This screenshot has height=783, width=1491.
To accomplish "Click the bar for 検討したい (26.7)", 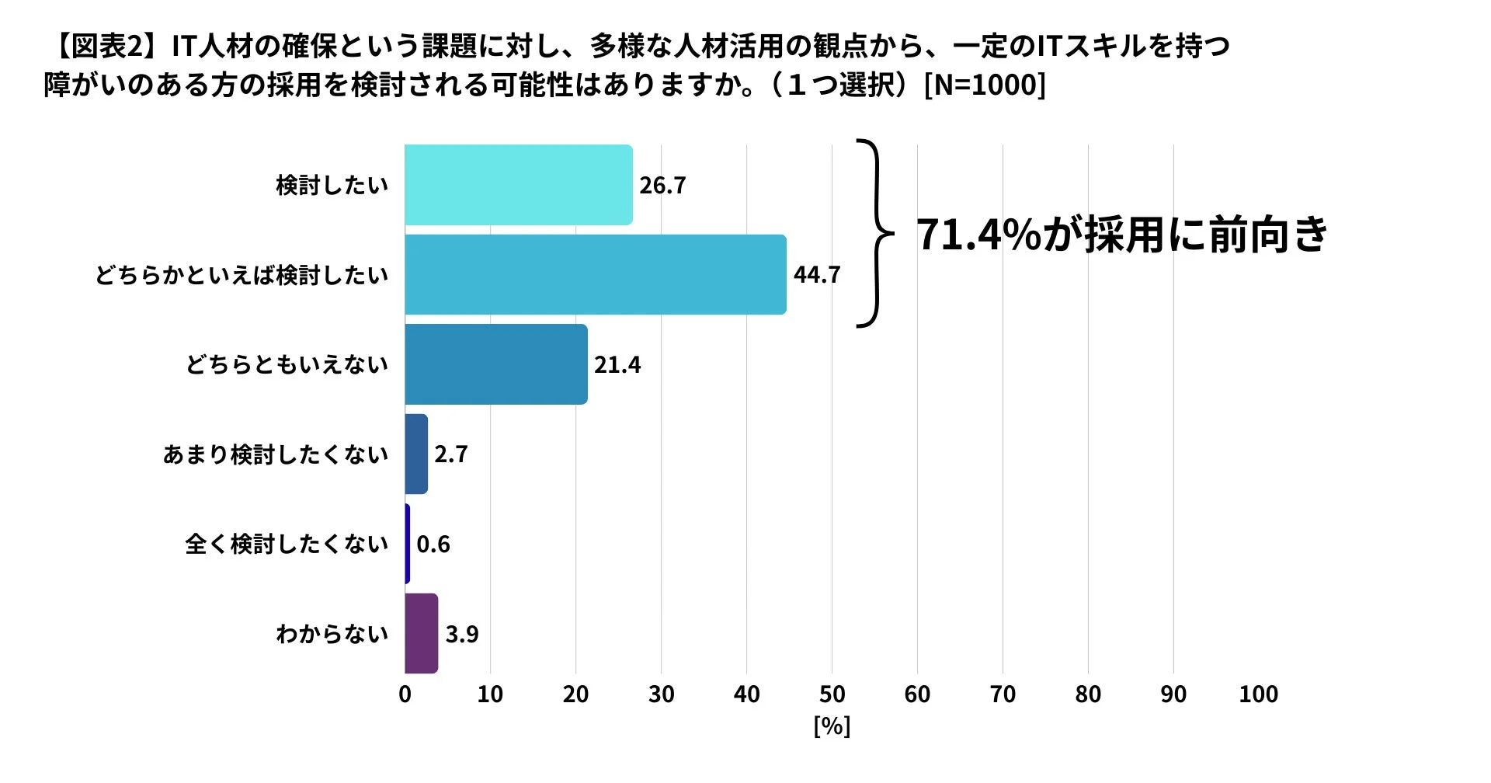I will (518, 185).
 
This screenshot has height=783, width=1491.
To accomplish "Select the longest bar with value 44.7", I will (595, 275).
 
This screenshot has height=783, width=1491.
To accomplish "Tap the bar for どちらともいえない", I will (495, 364).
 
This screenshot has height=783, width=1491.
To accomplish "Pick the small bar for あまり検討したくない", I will (416, 454).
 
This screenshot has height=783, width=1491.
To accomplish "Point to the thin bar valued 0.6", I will (407, 544).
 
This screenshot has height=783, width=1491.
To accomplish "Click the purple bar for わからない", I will (421, 634).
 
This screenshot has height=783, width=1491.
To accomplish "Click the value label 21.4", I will (617, 365).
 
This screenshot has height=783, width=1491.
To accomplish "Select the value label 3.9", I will (462, 635).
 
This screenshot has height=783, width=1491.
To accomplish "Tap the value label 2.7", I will (451, 454).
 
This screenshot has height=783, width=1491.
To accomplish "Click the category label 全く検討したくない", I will (287, 544).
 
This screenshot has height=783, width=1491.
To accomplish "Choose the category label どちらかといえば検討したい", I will (242, 275).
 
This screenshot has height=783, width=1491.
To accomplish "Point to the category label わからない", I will (332, 634).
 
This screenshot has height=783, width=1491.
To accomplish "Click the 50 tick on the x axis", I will (832, 694).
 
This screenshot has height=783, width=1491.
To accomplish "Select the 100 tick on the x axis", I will (1258, 694).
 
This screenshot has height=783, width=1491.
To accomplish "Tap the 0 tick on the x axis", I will (405, 694).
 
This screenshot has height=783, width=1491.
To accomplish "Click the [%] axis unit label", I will (832, 726).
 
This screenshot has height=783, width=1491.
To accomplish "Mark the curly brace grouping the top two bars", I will (875, 233).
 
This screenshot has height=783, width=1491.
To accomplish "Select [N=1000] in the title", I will (985, 85).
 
